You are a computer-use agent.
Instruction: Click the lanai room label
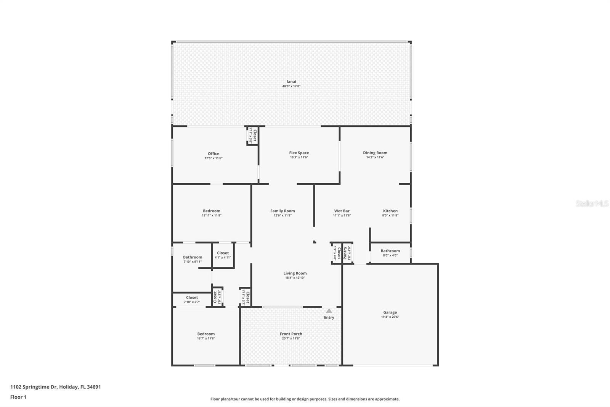tap(291, 81)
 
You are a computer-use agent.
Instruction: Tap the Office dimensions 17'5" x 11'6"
tap(213, 158)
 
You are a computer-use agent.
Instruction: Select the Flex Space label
tap(299, 153)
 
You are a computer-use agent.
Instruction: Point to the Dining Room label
tap(375, 153)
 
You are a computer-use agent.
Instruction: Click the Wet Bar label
tap(342, 211)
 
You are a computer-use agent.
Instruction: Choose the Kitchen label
tap(390, 211)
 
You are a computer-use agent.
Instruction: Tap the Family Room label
tap(283, 211)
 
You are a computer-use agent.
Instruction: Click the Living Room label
tap(295, 273)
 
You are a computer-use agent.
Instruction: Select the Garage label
tap(390, 312)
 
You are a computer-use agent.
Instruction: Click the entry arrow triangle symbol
tap(329, 311)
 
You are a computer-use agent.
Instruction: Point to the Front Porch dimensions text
tap(291, 338)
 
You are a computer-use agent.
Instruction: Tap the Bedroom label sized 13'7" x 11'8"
tap(206, 334)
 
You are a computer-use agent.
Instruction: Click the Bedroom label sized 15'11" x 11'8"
tap(212, 211)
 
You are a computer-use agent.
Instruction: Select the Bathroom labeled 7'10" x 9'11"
tap(193, 257)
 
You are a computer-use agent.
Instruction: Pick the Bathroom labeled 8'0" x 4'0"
tap(390, 251)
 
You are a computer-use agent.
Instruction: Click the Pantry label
tap(345, 253)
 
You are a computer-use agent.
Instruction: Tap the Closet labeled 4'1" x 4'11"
tap(223, 253)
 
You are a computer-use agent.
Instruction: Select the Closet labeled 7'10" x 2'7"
tap(192, 297)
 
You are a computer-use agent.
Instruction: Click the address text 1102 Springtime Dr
tap(34, 387)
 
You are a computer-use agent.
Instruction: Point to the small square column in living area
tap(315, 242)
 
